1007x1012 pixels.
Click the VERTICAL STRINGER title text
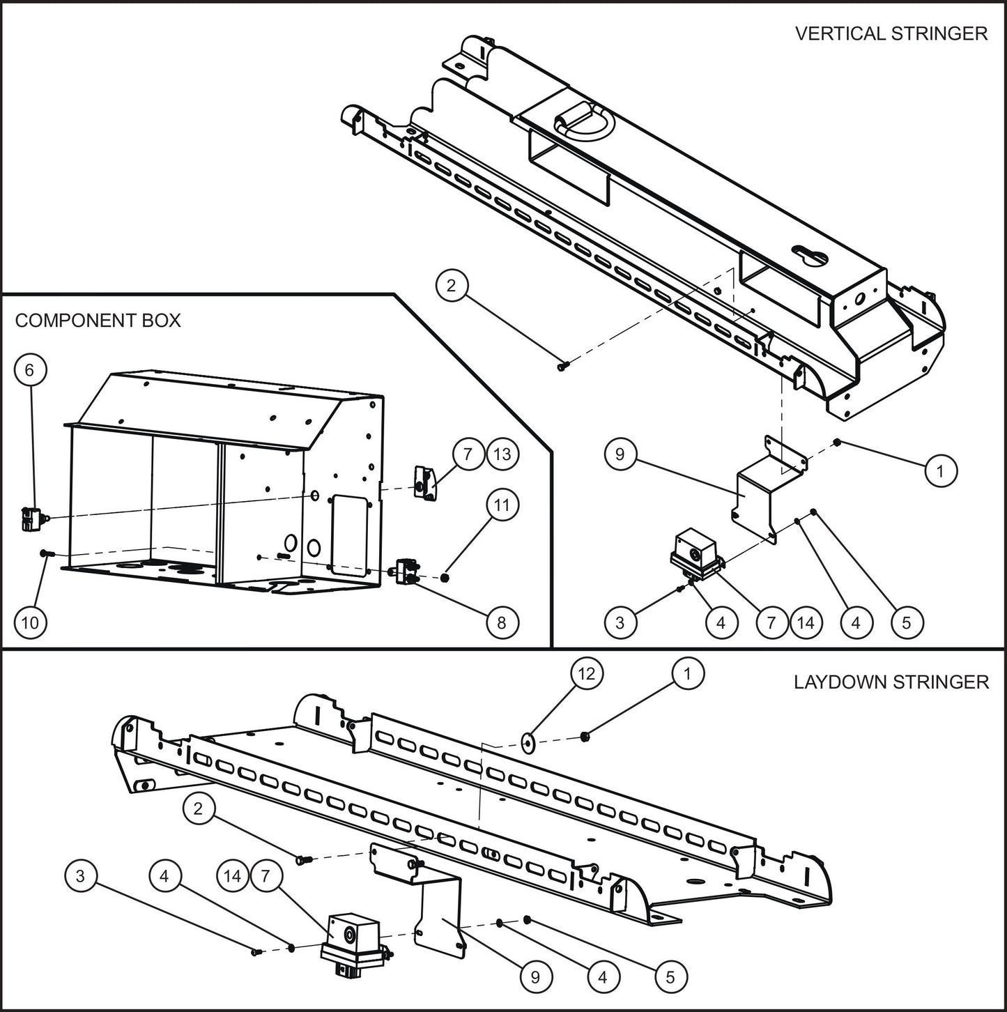tap(891, 33)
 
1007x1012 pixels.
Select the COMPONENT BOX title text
tap(98, 321)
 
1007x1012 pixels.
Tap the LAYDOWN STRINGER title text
tap(891, 682)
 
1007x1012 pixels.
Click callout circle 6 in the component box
tap(29, 370)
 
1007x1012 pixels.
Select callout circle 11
tap(502, 506)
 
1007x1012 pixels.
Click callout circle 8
tap(502, 622)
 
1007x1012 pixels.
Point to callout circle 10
tap(29, 622)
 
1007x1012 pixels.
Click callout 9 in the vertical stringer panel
tap(621, 455)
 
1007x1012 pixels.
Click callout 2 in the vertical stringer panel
tap(452, 286)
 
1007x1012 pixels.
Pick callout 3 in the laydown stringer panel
tap(80, 875)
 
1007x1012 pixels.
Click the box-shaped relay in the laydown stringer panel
tap(352, 937)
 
